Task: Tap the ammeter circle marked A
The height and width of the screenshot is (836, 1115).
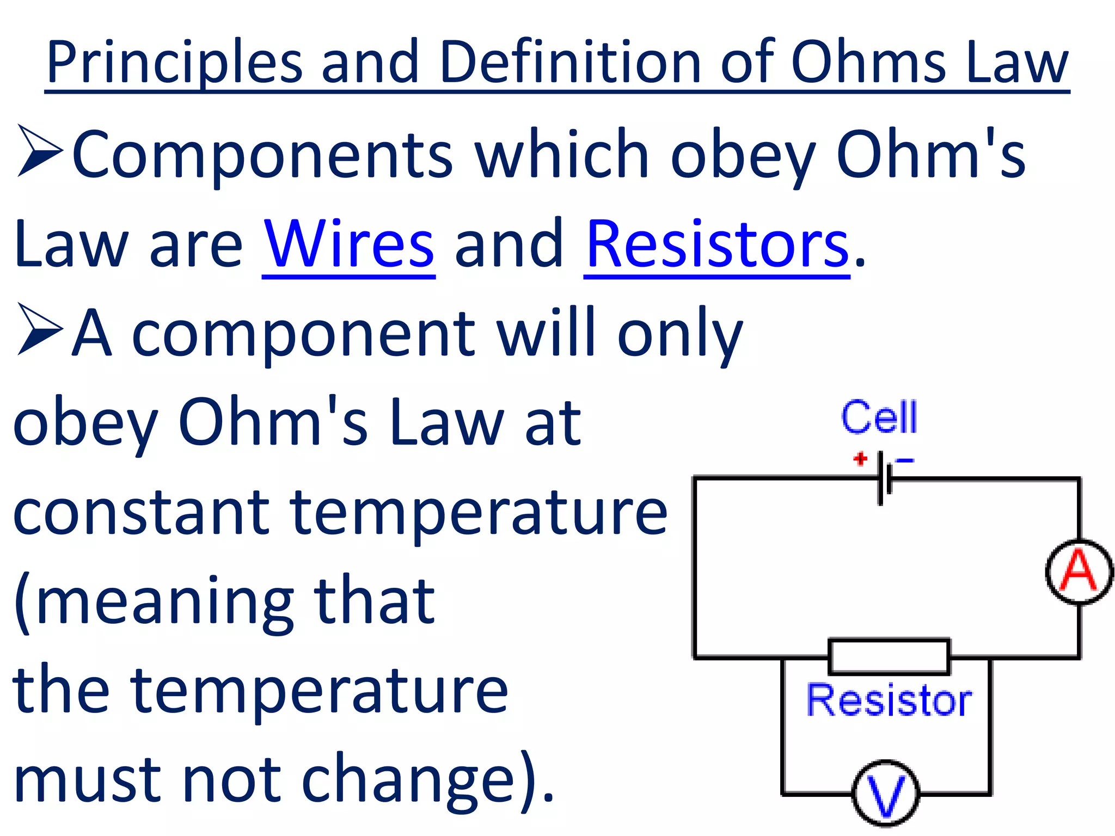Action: coord(1079,572)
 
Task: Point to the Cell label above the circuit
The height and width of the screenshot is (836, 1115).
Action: coord(879,418)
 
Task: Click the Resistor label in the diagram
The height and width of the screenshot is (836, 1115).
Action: coord(889,700)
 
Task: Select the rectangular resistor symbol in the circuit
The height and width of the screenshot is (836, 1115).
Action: coord(889,657)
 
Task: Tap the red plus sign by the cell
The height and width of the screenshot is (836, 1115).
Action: coord(860,459)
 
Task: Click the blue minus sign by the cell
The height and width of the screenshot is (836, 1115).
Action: coord(905,461)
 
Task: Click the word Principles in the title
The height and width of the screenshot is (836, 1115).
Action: coord(174,63)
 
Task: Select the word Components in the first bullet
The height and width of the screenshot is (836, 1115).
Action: coord(262,155)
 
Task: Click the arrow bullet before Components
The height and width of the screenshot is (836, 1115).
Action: coord(39,151)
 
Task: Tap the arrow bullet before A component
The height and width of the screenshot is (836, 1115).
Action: coord(39,329)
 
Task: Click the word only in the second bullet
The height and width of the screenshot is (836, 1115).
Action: coord(680,335)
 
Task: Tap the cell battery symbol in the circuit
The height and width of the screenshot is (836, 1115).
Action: coord(884,478)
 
